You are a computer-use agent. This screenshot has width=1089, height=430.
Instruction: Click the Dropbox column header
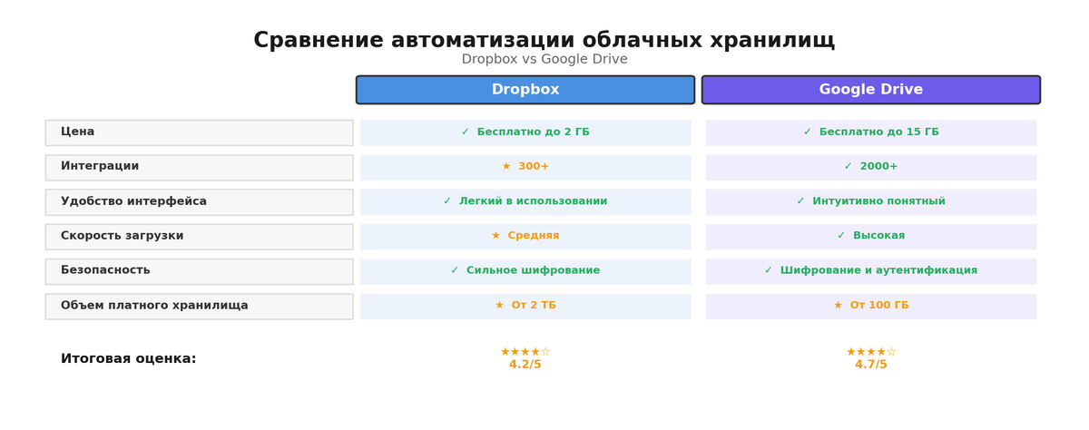click(525, 90)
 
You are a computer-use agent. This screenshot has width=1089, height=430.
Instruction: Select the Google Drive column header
click(870, 90)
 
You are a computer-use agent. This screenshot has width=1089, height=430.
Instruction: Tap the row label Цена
click(77, 132)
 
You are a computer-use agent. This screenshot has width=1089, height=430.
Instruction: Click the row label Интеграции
click(100, 167)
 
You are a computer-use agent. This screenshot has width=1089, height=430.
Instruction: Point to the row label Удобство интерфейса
click(133, 201)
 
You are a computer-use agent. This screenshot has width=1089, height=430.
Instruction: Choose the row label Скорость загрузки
click(122, 236)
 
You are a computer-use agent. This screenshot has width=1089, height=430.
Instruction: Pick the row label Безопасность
click(105, 270)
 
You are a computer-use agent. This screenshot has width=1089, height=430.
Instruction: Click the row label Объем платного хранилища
click(154, 306)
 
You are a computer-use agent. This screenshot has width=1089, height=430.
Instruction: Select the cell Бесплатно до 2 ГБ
click(525, 132)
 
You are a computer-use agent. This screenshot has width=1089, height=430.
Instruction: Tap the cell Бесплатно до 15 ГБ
click(871, 132)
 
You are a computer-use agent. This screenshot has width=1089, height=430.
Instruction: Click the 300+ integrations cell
click(525, 167)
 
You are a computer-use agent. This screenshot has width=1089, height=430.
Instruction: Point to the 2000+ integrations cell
click(871, 167)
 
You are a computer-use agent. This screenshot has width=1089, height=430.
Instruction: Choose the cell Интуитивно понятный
click(871, 201)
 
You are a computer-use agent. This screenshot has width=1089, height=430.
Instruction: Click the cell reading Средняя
click(525, 236)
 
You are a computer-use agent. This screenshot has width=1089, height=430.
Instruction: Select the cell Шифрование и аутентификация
click(871, 270)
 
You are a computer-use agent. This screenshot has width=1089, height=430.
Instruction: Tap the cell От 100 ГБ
click(871, 306)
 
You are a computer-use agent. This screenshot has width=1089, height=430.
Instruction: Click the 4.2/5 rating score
click(525, 365)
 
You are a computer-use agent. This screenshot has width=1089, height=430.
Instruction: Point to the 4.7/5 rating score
click(870, 365)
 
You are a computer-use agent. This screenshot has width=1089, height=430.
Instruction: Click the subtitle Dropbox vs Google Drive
click(544, 60)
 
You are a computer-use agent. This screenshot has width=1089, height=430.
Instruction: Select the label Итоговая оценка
click(128, 359)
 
